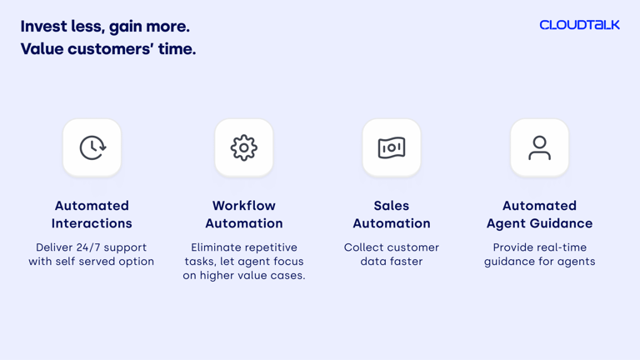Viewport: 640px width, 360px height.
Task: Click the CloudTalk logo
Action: pos(580,25)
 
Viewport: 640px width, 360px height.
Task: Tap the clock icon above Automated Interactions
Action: pos(92,147)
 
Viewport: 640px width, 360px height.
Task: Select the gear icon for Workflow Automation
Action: pos(244,147)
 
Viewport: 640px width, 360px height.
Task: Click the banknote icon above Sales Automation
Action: pos(392,147)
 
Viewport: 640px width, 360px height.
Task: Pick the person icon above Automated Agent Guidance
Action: pos(540,147)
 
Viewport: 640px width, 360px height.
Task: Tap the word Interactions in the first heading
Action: pos(92,223)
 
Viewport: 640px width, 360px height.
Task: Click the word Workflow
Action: pos(244,205)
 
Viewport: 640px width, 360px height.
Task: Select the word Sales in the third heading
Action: pos(392,205)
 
